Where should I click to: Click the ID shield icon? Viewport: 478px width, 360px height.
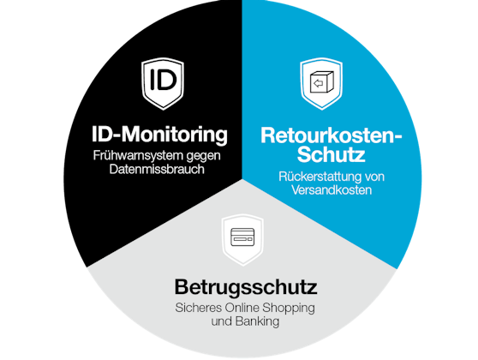pos(163,83)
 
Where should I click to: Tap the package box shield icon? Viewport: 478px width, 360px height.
pos(321,83)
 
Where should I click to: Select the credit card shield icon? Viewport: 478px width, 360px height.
pos(242,239)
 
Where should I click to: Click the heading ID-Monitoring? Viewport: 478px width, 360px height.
pos(159,135)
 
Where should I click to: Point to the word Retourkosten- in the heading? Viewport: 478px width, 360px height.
pos(331,135)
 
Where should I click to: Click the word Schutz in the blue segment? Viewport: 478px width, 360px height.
pos(331,154)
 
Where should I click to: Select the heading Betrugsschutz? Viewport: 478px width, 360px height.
pos(246,287)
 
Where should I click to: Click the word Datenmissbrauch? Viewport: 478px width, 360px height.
pos(157,169)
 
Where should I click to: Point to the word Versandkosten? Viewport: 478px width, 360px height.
pos(332,189)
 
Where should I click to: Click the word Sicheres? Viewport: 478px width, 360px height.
pos(199,308)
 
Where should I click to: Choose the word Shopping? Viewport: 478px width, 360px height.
pos(289,308)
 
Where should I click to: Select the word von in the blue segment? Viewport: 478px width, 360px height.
pos(375,177)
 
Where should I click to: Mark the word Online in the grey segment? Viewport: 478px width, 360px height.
pos(242,308)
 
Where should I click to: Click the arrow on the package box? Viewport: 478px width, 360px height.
pos(318,83)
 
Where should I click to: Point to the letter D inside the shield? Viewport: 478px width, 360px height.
pos(168,80)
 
